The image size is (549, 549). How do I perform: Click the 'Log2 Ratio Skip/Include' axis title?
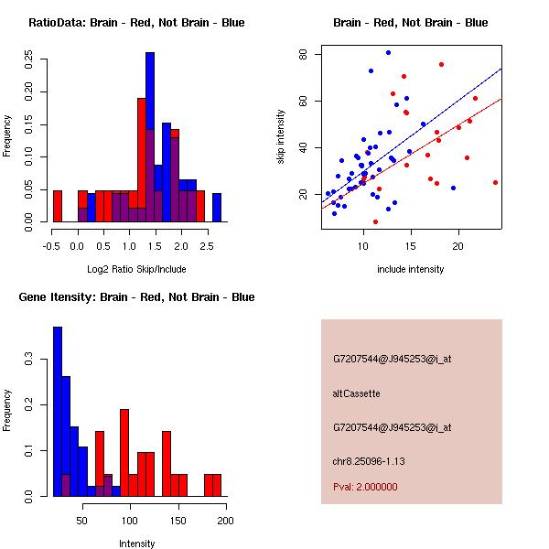[x=135, y=268]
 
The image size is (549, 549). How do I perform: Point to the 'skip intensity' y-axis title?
[x=281, y=137]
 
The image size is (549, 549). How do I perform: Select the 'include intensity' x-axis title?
[x=411, y=269]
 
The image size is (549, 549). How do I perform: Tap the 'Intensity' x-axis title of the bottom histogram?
[x=137, y=544]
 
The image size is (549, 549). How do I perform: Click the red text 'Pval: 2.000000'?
[x=365, y=487]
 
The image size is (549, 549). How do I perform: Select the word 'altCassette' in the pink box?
[x=356, y=393]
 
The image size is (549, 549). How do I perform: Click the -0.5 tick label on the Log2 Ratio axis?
[x=51, y=246]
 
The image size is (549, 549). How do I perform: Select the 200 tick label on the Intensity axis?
[x=225, y=521]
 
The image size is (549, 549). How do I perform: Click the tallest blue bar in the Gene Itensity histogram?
[x=58, y=412]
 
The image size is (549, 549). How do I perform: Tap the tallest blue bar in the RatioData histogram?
[x=150, y=137]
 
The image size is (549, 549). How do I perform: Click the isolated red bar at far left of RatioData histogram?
[x=58, y=206]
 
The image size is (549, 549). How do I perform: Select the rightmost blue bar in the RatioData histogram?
[x=217, y=208]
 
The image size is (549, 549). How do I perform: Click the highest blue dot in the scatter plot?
[x=388, y=52]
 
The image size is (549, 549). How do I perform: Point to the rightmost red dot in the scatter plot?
[x=495, y=182]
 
